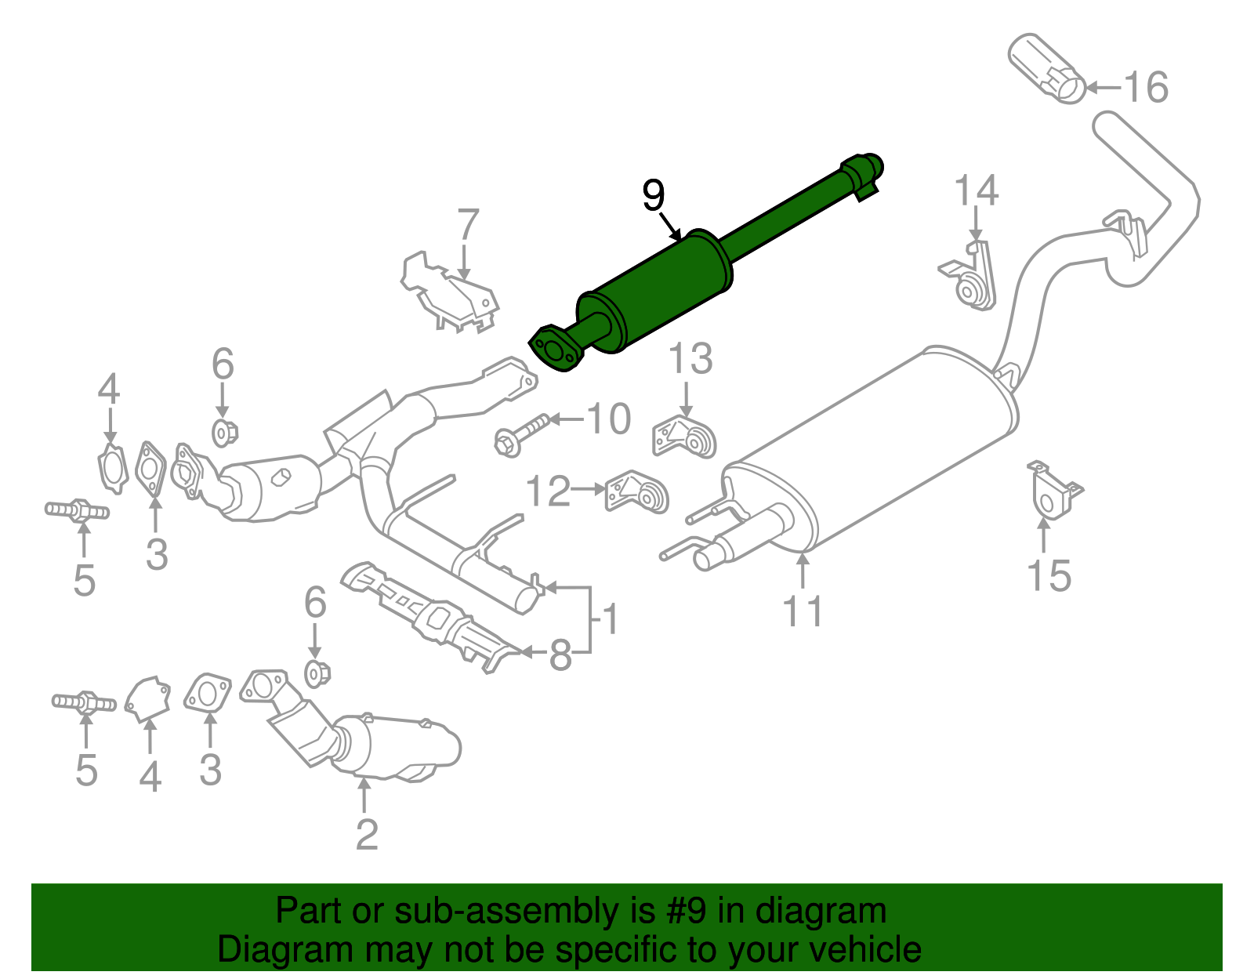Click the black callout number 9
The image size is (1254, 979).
pos(653,195)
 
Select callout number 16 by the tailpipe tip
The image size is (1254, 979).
pos(1146,87)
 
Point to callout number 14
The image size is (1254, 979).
pos(977,191)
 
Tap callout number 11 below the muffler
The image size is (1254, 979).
pos(803,611)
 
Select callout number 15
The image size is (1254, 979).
pos(1049,576)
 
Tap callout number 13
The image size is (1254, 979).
pos(690,359)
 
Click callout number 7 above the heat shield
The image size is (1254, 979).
pos(468,225)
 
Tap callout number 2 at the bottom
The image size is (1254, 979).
pos(366,835)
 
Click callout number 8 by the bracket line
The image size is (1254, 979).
pos(560,654)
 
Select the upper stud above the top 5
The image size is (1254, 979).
pos(78,511)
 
